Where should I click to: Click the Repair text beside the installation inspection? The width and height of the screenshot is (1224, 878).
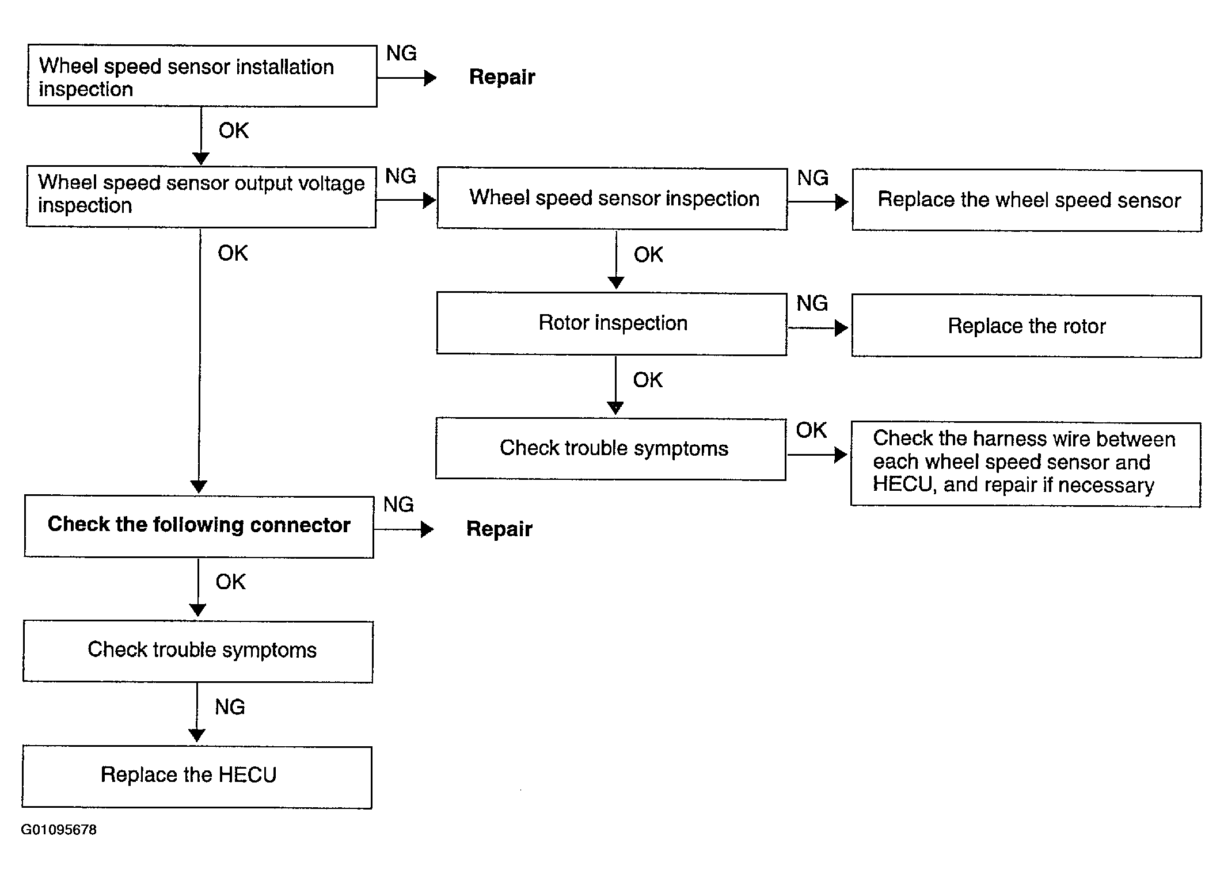tap(502, 77)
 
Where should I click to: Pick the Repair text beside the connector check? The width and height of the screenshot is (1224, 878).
tap(499, 529)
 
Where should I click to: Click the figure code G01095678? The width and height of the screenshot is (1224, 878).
tap(59, 830)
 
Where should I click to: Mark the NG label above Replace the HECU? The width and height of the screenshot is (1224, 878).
tap(230, 707)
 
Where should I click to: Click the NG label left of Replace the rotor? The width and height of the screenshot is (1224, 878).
tap(812, 303)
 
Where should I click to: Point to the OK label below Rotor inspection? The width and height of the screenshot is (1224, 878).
tap(648, 380)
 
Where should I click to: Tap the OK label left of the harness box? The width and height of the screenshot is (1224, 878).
tap(811, 430)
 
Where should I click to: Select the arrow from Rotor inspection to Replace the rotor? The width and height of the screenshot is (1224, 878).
tap(818, 328)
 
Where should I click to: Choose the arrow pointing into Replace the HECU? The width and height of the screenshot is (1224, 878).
tap(197, 713)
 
